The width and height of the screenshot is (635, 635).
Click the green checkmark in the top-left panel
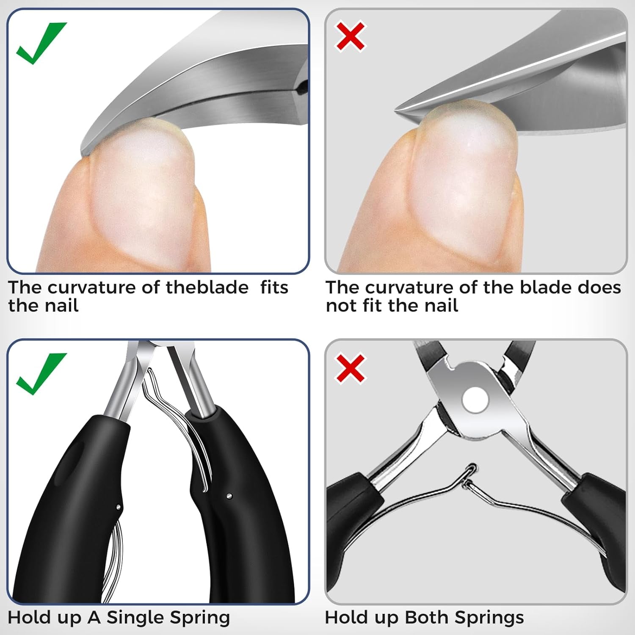click(41, 42)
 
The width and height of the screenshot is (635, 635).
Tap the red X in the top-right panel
click(351, 36)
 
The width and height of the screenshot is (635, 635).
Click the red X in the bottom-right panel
click(351, 368)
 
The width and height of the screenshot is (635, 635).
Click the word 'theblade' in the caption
click(207, 287)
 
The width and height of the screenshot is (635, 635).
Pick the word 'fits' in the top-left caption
click(274, 287)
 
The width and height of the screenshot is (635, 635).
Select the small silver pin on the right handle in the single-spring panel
click(229, 495)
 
